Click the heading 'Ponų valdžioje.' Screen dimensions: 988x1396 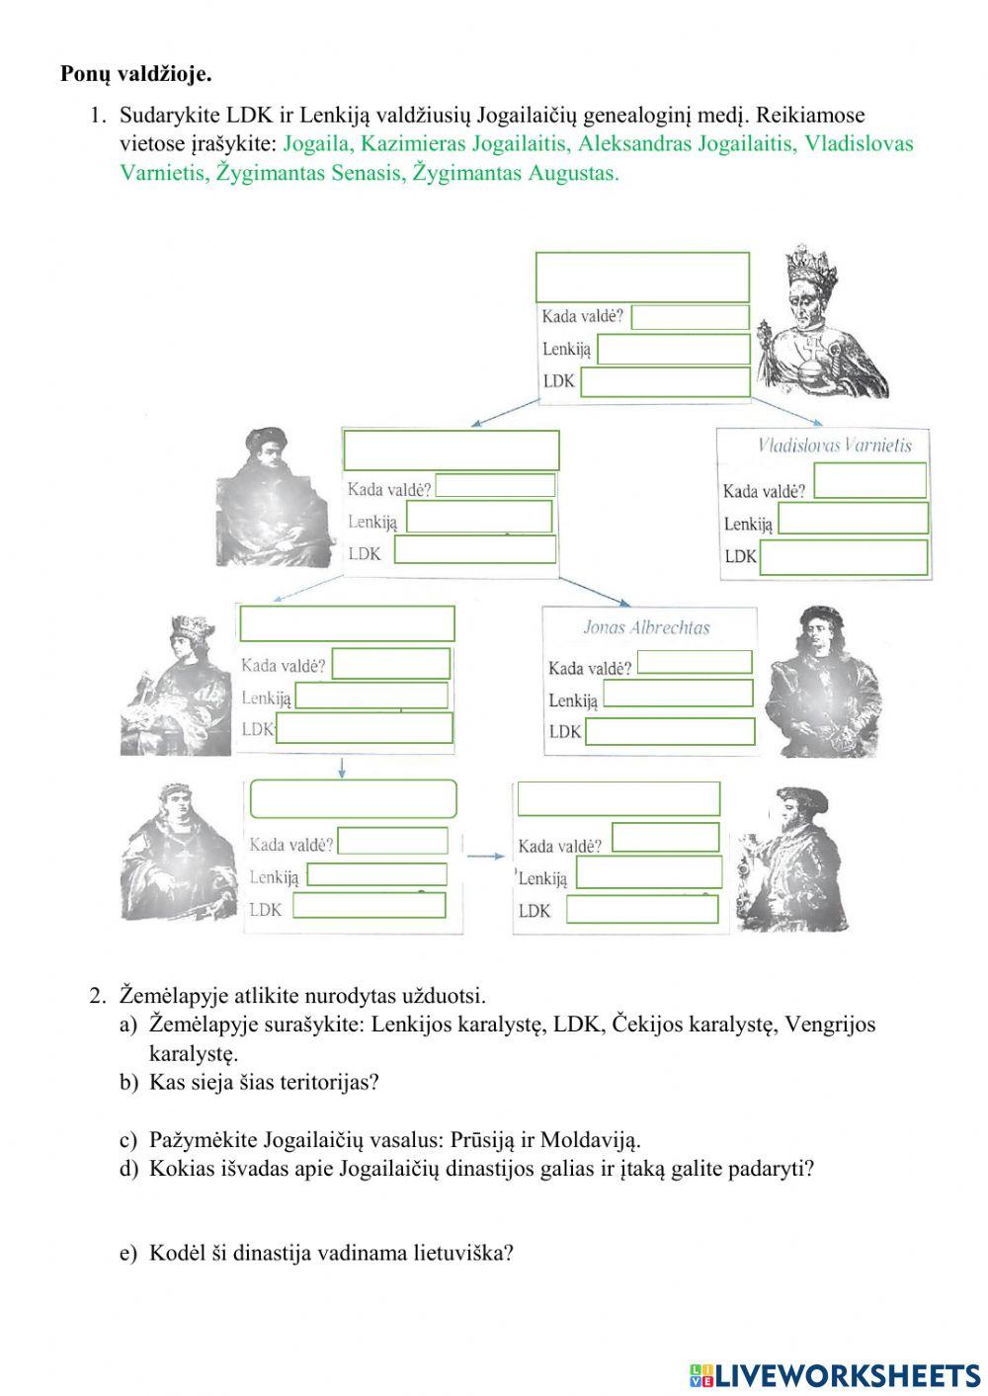[x=136, y=74]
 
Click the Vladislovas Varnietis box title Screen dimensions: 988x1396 [x=835, y=445]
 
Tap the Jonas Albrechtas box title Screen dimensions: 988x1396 [x=646, y=627]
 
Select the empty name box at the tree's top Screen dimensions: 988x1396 [x=642, y=277]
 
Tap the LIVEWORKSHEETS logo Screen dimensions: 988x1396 [x=835, y=1374]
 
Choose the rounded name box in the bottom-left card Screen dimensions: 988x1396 [x=353, y=799]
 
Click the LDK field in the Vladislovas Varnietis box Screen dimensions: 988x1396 [x=845, y=557]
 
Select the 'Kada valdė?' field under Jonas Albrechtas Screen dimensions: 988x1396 [x=695, y=662]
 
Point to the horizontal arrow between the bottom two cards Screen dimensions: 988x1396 [x=485, y=856]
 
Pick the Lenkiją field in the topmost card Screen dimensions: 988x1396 [x=674, y=349]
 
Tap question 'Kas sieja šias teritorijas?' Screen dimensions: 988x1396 [x=264, y=1082]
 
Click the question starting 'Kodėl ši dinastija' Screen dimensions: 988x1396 [x=331, y=1254]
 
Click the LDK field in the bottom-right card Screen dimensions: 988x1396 [x=642, y=909]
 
